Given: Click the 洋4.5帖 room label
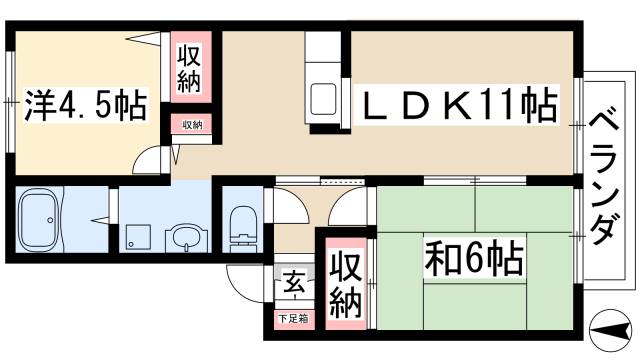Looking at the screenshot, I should tap(84, 103).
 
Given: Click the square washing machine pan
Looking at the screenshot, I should tap(137, 237).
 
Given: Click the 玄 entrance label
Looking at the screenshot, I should tap(295, 281).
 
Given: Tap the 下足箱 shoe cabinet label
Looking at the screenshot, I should tap(294, 319).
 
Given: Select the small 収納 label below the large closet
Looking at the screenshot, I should tap(191, 125).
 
